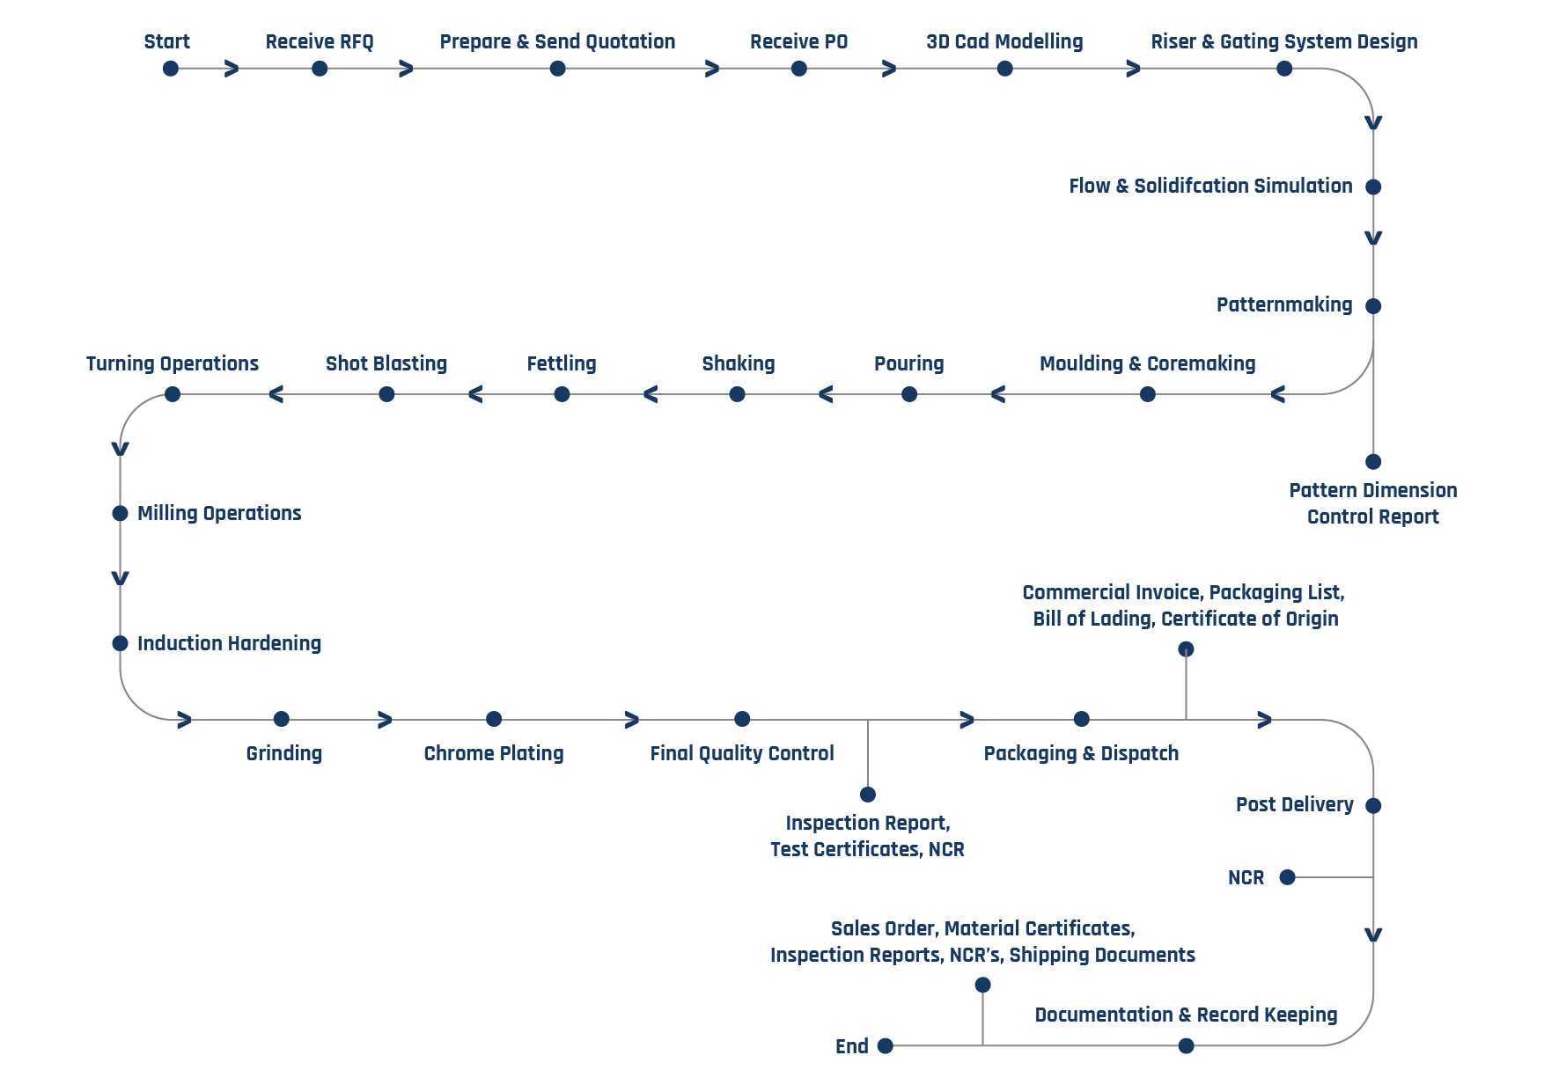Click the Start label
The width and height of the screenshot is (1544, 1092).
tap(166, 41)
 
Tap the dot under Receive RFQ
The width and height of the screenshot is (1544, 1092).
tap(320, 69)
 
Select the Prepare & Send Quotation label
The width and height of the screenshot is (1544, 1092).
tap(557, 41)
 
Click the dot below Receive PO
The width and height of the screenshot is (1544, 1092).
tap(798, 69)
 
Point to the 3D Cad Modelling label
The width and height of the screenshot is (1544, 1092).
tap(1004, 41)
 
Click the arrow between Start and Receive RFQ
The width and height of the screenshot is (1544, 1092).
tap(232, 69)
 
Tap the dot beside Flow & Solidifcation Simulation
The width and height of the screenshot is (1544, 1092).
tap(1373, 187)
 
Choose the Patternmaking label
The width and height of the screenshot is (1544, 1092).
tap(1284, 304)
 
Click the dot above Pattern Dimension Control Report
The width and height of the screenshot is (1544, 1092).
tap(1373, 461)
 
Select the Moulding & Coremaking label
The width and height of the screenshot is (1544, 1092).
tap(1147, 363)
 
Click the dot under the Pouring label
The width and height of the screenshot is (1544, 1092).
tap(909, 394)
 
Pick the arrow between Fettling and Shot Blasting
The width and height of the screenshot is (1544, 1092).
tap(475, 394)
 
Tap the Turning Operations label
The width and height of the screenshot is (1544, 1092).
tap(173, 363)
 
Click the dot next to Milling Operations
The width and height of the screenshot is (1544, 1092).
tap(121, 513)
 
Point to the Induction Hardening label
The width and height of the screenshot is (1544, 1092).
tap(229, 643)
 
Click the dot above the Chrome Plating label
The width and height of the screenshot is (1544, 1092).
tap(494, 719)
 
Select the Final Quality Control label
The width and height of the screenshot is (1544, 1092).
tap(742, 753)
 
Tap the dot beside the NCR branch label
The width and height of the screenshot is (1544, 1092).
tap(1287, 876)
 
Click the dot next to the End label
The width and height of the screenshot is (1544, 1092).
tap(886, 1045)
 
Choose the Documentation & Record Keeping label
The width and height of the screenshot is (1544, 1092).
tap(1186, 1015)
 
